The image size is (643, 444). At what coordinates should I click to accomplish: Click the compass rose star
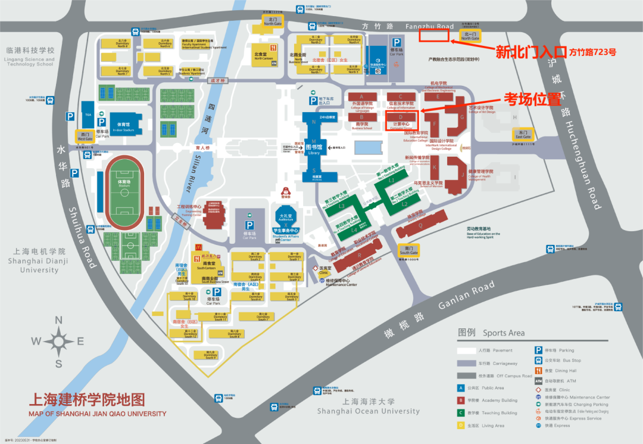coord(59,341)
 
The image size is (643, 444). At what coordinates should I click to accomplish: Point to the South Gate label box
coord(408,250)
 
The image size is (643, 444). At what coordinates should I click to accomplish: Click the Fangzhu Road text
coord(429,26)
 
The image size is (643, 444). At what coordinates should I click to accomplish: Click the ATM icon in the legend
coord(538,381)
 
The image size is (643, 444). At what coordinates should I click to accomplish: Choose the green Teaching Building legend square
coord(461,412)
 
